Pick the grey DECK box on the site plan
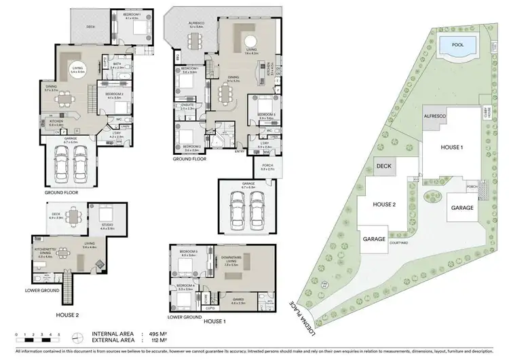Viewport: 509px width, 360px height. [385, 166]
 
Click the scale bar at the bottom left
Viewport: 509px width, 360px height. [37, 339]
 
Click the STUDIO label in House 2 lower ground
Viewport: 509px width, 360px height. [107, 227]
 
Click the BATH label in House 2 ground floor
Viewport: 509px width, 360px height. [116, 65]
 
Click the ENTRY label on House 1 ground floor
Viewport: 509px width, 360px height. [240, 151]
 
